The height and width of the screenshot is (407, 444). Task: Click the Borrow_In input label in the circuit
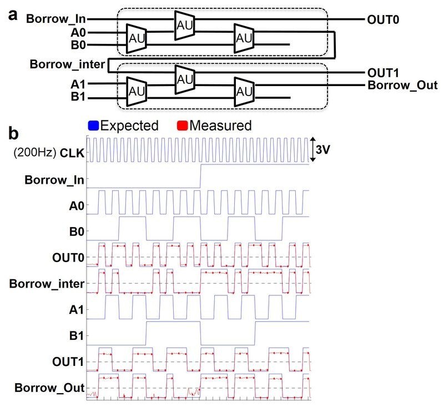click(56, 19)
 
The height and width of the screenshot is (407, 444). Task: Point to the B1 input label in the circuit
click(79, 99)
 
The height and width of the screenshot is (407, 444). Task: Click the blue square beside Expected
click(93, 125)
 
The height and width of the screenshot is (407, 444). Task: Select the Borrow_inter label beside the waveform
click(47, 284)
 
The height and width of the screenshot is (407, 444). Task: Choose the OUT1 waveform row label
click(72, 361)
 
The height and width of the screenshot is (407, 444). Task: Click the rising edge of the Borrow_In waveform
click(200, 177)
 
